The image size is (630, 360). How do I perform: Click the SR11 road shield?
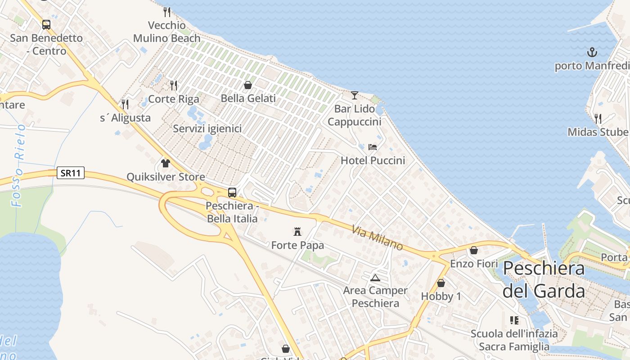point(71,173)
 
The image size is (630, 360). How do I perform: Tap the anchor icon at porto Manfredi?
point(592,52)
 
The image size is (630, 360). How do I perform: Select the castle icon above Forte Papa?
point(297,232)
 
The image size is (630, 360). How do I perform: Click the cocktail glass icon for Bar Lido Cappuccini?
point(355,95)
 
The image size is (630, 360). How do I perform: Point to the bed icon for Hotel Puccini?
point(373,147)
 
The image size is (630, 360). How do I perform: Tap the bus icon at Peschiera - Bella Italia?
point(232,193)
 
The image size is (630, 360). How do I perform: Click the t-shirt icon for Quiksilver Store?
point(166,163)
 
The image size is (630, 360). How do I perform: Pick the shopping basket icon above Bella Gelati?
point(248,85)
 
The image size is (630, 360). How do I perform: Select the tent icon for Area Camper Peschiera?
point(375,277)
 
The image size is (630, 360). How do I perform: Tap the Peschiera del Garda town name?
point(544,279)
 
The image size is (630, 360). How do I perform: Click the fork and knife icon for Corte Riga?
point(173,85)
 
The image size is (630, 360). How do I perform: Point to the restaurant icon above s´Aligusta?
point(125,104)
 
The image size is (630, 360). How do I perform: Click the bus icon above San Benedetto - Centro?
point(46,25)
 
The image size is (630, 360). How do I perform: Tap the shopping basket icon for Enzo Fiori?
point(474,250)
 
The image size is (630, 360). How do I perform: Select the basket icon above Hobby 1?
point(441,283)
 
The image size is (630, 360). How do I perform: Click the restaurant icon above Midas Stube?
point(598,118)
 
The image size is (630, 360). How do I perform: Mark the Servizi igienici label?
point(207,129)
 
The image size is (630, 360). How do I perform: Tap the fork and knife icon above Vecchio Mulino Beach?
point(167,12)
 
